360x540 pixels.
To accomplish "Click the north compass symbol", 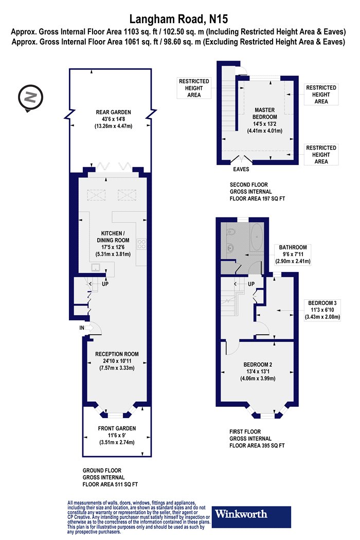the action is (31, 98).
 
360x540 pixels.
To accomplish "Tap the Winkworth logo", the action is (251, 517).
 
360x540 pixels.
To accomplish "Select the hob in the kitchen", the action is (141, 244).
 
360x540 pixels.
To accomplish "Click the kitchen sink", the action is (96, 267).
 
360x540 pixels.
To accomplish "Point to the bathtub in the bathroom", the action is (256, 237).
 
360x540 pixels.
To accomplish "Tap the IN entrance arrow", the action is (88, 328).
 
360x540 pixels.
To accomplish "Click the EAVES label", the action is (241, 169).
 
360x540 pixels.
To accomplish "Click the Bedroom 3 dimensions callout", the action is (322, 310).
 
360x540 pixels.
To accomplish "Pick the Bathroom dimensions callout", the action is (293, 254).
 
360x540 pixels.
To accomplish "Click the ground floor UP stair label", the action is (105, 284).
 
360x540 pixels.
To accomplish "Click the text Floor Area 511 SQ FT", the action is (110, 484).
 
